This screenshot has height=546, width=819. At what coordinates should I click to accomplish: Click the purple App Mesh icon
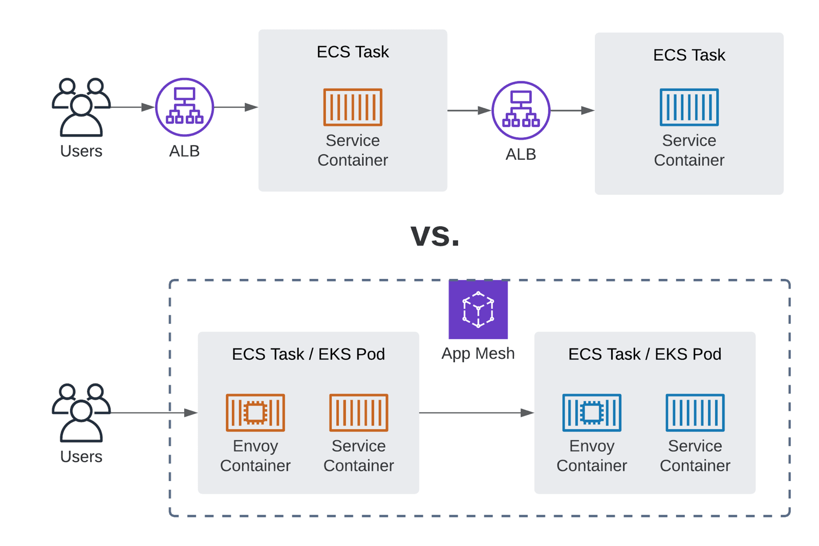click(478, 309)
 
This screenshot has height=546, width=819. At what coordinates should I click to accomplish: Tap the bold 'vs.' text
click(435, 235)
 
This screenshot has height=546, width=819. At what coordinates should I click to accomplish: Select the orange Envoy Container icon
click(255, 412)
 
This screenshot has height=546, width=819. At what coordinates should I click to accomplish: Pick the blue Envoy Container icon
click(591, 412)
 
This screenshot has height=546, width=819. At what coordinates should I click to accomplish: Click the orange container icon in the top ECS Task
click(353, 107)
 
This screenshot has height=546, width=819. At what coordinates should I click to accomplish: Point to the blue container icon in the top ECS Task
click(689, 107)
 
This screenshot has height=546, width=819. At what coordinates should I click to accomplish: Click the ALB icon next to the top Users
click(184, 107)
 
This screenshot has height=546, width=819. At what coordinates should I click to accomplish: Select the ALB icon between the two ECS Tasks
click(521, 110)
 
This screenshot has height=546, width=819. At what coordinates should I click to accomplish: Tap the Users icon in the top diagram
click(81, 107)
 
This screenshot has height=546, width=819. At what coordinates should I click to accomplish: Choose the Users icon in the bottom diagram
click(81, 412)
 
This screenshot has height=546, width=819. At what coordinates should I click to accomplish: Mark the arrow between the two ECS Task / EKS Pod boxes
click(476, 412)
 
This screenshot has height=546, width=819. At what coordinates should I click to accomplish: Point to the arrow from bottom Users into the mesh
click(154, 412)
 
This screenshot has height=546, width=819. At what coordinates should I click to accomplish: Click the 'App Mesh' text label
click(478, 353)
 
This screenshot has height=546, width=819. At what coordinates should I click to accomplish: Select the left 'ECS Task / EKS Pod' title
click(308, 354)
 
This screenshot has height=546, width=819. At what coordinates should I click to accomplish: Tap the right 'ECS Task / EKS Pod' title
click(644, 354)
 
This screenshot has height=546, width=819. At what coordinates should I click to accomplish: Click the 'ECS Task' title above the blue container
click(689, 55)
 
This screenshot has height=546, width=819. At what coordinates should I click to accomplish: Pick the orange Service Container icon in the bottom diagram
click(358, 412)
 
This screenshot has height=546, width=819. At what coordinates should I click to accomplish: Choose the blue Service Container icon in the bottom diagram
click(695, 412)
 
